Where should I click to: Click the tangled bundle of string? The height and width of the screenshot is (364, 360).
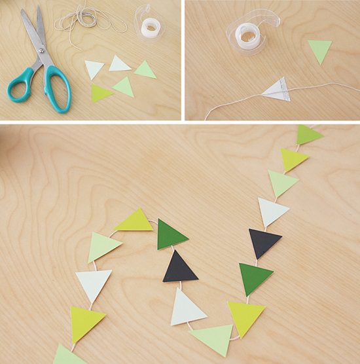[x=88, y=20]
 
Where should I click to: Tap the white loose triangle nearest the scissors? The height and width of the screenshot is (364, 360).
[x=93, y=68]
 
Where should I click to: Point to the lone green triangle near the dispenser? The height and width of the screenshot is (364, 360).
[x=319, y=50]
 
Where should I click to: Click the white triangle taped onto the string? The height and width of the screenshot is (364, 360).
[x=276, y=89]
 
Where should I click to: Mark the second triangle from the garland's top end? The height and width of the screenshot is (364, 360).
[x=293, y=158]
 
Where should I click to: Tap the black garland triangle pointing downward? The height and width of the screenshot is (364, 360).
[x=262, y=242]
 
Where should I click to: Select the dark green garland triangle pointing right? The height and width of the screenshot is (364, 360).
[x=170, y=234]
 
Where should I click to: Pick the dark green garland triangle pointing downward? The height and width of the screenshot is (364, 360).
[x=255, y=278]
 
